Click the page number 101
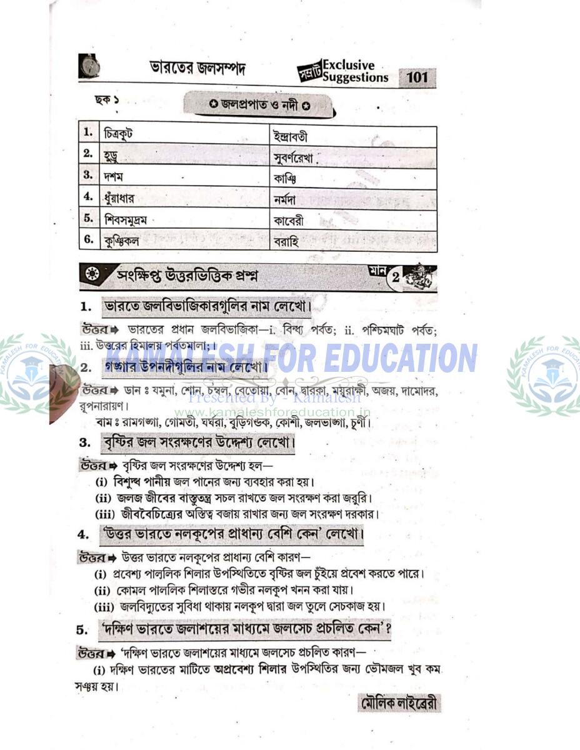coord(417,77)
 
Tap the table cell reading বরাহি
coord(286,241)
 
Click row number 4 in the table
coord(89,197)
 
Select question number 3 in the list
coord(85,444)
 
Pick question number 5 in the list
coord(82,629)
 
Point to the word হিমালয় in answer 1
coord(145,346)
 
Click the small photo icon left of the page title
coord(89,66)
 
